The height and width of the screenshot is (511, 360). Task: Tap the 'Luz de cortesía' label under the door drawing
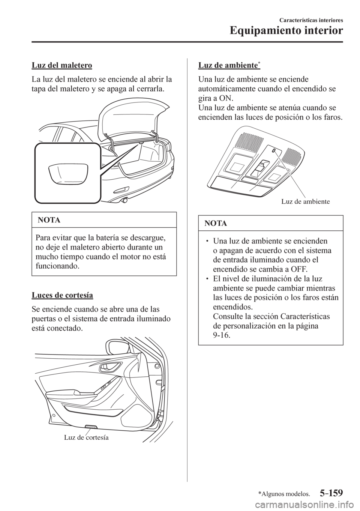[x=86, y=437]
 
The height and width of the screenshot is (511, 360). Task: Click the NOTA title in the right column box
[x=216, y=224]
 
